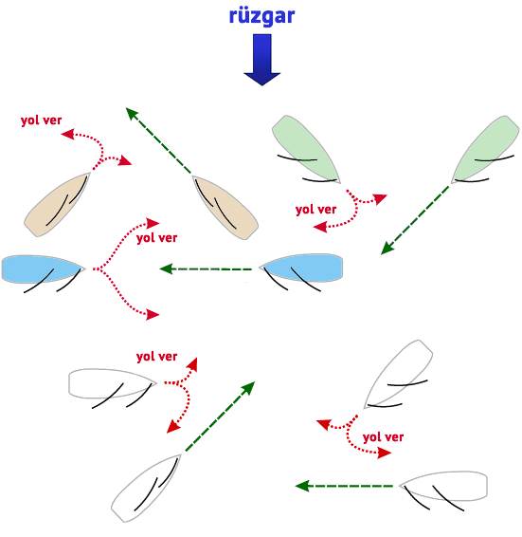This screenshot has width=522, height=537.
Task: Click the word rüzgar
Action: [261, 16]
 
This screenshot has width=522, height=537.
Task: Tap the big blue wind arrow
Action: [262, 59]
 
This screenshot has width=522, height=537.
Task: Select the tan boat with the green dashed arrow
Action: [225, 208]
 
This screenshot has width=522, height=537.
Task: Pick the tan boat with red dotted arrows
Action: [57, 204]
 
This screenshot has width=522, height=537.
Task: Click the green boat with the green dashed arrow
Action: [486, 149]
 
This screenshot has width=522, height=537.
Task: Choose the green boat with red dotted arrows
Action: [306, 149]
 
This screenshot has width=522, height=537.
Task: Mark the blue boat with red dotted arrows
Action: [43, 269]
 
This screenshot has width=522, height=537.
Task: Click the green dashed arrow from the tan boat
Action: [159, 140]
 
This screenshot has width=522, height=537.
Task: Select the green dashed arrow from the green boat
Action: [415, 220]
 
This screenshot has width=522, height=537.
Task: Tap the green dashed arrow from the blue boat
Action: [206, 268]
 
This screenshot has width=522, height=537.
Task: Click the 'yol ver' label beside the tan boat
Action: [41, 120]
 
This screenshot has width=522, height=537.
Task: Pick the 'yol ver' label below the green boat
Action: [315, 210]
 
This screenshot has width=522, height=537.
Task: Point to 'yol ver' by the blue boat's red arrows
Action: [156, 238]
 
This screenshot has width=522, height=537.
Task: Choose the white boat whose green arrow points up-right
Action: [146, 488]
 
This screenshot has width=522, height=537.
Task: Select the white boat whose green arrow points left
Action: [443, 487]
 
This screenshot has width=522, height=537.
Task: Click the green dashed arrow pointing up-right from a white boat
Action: [220, 417]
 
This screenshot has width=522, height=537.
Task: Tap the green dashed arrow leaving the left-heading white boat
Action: [344, 486]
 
